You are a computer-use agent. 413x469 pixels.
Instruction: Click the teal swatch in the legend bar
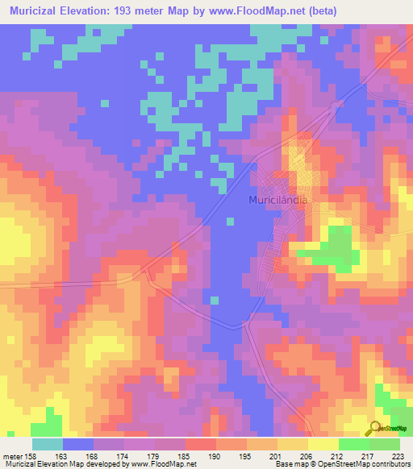[x=48, y=444]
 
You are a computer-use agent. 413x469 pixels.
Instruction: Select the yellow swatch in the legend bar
[x=323, y=444]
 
